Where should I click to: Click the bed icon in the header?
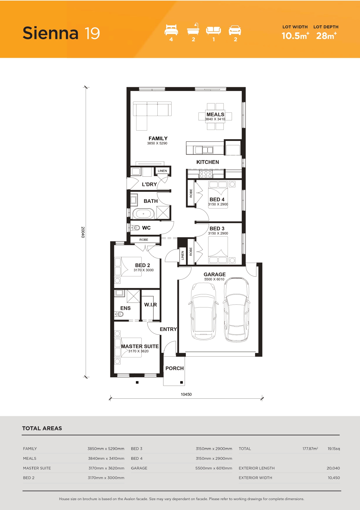[171, 30]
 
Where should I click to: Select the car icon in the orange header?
[235, 30]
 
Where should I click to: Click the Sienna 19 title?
[61, 33]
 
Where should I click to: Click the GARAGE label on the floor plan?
[215, 274]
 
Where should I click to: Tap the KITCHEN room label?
[208, 162]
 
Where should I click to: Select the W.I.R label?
[150, 305]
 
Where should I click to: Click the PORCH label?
[174, 368]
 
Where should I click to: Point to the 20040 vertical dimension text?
[83, 232]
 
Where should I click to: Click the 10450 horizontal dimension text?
[186, 394]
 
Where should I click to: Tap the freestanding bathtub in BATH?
[143, 214]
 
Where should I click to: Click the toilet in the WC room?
[135, 228]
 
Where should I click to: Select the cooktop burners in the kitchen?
[206, 174]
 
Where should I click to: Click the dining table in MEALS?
[215, 116]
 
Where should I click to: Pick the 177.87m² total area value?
[310, 448]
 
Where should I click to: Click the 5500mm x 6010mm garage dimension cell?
[214, 468]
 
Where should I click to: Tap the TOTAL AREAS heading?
[42, 428]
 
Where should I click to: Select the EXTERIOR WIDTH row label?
[255, 478]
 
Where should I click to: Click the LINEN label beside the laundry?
[162, 171]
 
